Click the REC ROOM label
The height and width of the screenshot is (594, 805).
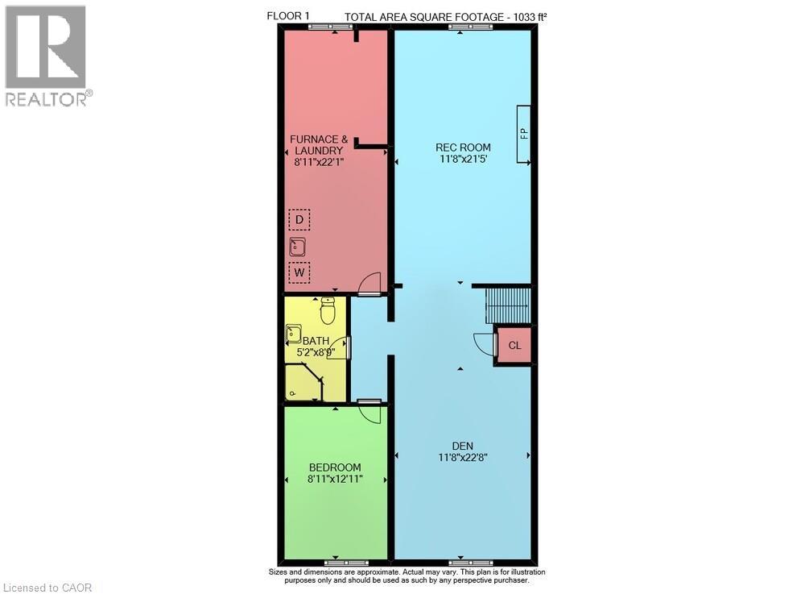point(463,147)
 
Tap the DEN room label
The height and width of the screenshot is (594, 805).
point(463,446)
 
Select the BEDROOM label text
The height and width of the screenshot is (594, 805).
point(335,467)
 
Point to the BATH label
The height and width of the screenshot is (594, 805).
point(316,341)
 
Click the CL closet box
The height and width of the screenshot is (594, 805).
point(514,345)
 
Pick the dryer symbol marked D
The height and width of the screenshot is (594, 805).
point(299,220)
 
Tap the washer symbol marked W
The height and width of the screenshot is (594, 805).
point(299,272)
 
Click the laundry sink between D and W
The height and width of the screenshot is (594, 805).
point(297,247)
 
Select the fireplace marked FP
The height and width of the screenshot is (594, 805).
point(524,134)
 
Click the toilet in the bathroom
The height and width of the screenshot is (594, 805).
point(328,310)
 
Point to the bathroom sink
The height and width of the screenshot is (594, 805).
point(293,334)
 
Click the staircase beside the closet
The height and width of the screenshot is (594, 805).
point(508,305)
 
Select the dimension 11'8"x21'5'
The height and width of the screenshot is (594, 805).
point(463,159)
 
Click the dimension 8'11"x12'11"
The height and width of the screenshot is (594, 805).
point(335,479)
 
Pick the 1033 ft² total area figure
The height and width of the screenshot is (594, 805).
point(528,17)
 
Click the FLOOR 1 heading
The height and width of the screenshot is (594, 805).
point(288,16)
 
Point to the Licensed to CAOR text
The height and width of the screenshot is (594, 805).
point(47,588)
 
